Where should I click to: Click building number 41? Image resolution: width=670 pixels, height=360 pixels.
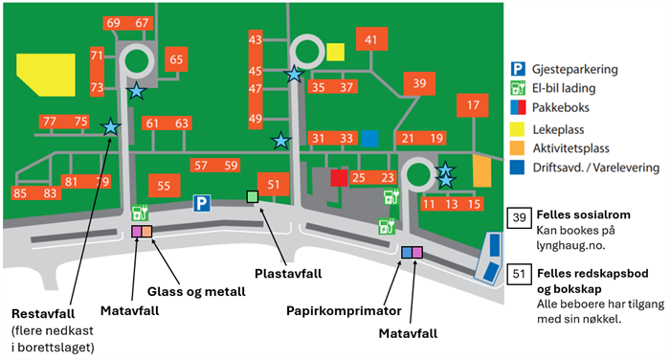click(371, 39)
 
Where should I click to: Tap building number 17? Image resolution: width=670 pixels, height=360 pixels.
click(473, 105)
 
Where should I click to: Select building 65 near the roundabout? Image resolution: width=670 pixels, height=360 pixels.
click(176, 59)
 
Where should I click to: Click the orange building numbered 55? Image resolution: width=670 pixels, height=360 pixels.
click(164, 186)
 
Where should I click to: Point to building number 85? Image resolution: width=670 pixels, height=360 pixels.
click(20, 193)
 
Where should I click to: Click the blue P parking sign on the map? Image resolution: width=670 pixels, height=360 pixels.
click(202, 204)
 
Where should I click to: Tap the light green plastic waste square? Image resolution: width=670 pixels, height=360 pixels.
click(253, 196)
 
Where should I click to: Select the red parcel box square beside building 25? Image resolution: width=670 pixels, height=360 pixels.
click(339, 178)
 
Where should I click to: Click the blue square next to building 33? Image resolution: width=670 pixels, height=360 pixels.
click(369, 139)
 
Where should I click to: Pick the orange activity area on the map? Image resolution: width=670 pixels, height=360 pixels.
click(482, 170)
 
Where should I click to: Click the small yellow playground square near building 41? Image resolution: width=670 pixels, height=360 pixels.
click(335, 52)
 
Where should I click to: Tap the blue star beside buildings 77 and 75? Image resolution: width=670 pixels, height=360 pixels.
click(111, 127)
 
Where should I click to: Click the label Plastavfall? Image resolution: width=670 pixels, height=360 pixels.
click(288, 274)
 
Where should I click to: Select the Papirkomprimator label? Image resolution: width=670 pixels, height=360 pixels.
click(344, 311)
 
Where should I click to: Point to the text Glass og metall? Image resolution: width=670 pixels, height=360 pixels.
click(196, 292)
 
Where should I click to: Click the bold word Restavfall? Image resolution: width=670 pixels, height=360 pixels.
click(43, 314)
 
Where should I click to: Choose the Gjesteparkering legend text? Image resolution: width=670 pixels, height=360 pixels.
click(574, 69)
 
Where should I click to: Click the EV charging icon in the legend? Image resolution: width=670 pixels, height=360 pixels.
click(518, 88)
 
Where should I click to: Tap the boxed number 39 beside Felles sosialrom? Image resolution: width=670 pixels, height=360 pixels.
click(519, 218)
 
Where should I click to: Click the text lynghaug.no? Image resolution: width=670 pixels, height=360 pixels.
click(570, 246)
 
